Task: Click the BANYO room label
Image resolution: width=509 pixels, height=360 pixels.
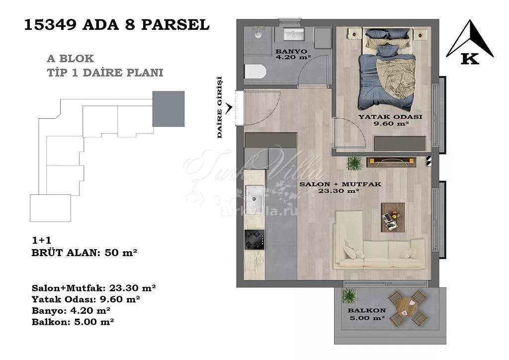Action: [x=291, y=51]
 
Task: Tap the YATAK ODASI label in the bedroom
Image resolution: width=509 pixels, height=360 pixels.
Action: [x=390, y=117]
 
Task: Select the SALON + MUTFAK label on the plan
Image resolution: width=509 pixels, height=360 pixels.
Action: [x=340, y=184]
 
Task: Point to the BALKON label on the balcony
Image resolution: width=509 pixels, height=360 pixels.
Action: [x=367, y=310]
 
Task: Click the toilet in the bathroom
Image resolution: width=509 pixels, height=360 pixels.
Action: [x=255, y=72]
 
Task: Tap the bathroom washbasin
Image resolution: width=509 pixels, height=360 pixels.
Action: [x=294, y=34]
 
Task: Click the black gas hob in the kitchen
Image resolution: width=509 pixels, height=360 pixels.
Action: [x=254, y=240]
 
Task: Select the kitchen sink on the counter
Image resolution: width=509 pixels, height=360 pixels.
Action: [x=254, y=198]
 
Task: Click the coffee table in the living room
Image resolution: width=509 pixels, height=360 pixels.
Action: [x=393, y=217]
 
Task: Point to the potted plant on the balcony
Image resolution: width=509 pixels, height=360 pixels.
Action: [x=349, y=296]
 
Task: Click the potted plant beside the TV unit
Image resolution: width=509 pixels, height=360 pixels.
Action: [x=354, y=163]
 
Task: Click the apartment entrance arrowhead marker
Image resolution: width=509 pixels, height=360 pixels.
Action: [x=229, y=108]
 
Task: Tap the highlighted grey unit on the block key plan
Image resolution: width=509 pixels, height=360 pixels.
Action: [x=169, y=109]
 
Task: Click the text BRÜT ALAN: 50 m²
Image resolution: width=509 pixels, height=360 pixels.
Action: [x=85, y=253]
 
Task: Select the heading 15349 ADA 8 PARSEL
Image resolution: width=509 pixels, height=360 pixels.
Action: [x=117, y=25]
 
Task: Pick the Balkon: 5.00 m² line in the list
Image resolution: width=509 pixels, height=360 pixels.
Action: [x=73, y=322]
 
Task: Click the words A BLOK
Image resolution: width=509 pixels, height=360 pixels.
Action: [x=71, y=59]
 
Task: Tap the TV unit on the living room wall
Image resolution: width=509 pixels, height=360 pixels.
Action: [x=391, y=162]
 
